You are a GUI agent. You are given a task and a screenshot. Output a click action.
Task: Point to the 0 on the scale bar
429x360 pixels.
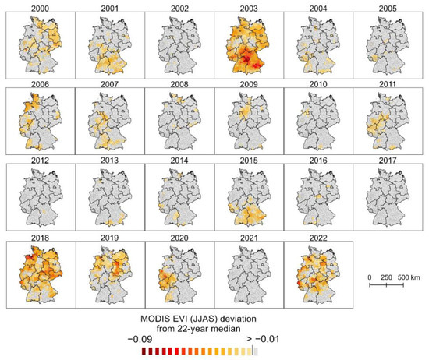369,277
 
